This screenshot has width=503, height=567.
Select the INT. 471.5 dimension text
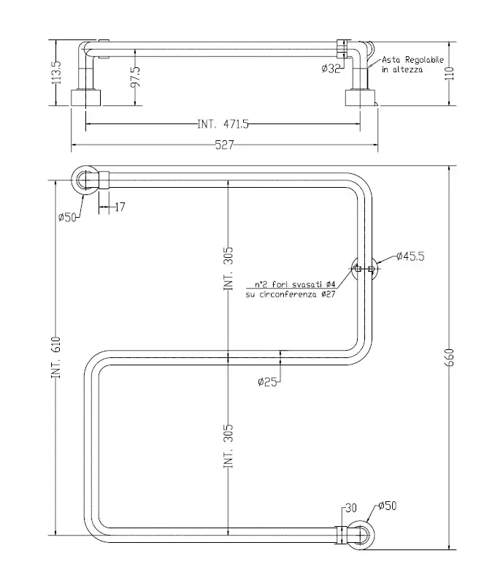pyautogui.click(x=223, y=124)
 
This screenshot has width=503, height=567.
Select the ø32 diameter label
pyautogui.click(x=331, y=69)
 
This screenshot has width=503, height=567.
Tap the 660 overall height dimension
pyautogui.click(x=450, y=356)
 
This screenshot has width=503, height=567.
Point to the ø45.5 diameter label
pyautogui.click(x=411, y=256)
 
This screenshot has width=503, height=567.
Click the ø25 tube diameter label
pyautogui.click(x=268, y=381)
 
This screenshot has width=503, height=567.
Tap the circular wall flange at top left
pyautogui.click(x=86, y=179)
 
